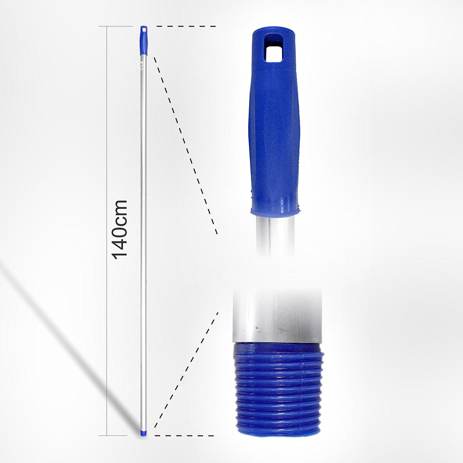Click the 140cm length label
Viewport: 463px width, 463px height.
coord(120,229)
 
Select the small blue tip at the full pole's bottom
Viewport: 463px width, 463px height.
coord(143,433)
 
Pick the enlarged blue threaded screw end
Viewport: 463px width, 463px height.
coord(278,389)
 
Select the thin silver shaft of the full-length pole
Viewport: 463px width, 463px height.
coord(143,226)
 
